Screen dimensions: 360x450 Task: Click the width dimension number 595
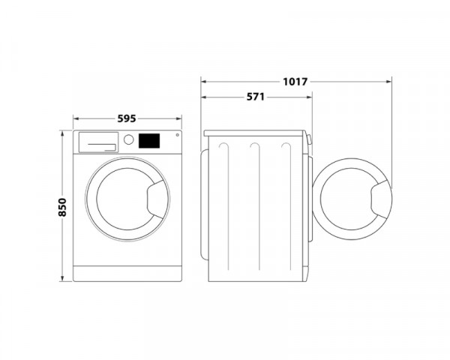pyautogui.click(x=127, y=118)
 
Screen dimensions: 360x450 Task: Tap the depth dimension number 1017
pyautogui.click(x=295, y=80)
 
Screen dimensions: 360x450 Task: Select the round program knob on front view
pyautogui.click(x=128, y=140)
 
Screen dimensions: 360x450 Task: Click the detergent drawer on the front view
pyautogui.click(x=98, y=141)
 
